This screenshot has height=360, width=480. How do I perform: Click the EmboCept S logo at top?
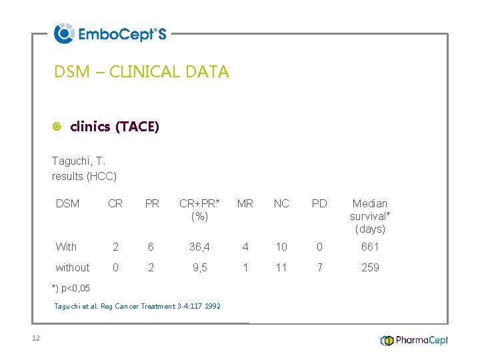click(110, 33)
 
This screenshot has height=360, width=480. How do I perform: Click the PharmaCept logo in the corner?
click(414, 340)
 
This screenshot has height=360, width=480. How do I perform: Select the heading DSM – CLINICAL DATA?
click(141, 72)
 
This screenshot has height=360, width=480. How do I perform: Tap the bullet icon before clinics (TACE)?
click(57, 127)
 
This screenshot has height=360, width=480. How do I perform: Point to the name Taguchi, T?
click(79, 161)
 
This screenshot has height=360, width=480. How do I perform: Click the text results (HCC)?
click(84, 176)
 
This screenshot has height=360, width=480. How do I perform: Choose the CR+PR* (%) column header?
click(199, 210)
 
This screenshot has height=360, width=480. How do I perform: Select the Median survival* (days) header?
click(370, 216)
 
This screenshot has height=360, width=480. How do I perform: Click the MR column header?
click(245, 204)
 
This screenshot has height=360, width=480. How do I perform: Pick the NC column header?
click(281, 204)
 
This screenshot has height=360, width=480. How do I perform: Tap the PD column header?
click(319, 204)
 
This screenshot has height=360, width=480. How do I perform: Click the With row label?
click(66, 247)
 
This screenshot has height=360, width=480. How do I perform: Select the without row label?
click(73, 268)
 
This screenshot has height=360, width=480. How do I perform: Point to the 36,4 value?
click(199, 247)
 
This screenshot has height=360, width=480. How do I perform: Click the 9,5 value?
click(199, 268)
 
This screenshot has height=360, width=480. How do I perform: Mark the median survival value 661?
click(370, 247)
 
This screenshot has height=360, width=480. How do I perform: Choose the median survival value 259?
click(370, 268)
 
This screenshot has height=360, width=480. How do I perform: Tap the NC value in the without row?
click(281, 268)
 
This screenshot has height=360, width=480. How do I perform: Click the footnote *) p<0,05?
click(71, 289)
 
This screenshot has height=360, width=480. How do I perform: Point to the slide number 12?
click(36, 339)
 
